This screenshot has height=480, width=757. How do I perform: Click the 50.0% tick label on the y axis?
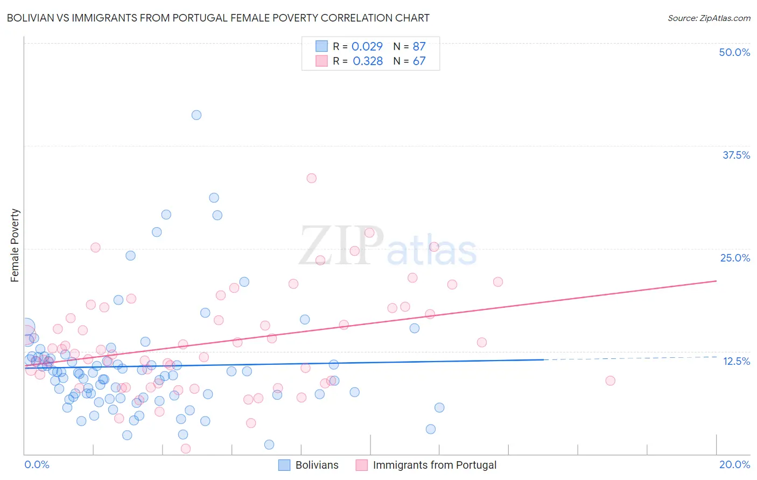(734, 52)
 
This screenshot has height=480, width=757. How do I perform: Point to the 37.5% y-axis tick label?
(736, 155)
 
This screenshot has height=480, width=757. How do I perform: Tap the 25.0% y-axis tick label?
(735, 258)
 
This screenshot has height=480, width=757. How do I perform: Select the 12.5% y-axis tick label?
(736, 361)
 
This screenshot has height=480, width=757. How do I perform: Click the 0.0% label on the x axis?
(37, 464)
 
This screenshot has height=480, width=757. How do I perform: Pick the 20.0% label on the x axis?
(734, 464)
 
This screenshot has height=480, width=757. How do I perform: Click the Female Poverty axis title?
(15, 245)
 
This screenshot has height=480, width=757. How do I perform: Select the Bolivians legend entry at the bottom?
(317, 465)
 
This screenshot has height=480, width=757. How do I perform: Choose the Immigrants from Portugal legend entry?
(434, 465)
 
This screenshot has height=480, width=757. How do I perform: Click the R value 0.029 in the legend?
(367, 46)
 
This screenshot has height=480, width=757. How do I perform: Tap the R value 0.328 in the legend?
(368, 61)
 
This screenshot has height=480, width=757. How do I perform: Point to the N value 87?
(419, 46)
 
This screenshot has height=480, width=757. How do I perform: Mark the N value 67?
(419, 61)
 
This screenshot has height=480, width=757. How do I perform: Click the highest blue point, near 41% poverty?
(197, 115)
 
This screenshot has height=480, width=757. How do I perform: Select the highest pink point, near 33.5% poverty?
(311, 178)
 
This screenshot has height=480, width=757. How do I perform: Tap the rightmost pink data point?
(610, 380)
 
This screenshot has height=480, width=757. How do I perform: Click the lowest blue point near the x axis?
(269, 444)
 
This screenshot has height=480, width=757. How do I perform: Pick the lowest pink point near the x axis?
(186, 449)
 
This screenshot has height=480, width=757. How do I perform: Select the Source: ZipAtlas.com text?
(709, 18)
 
